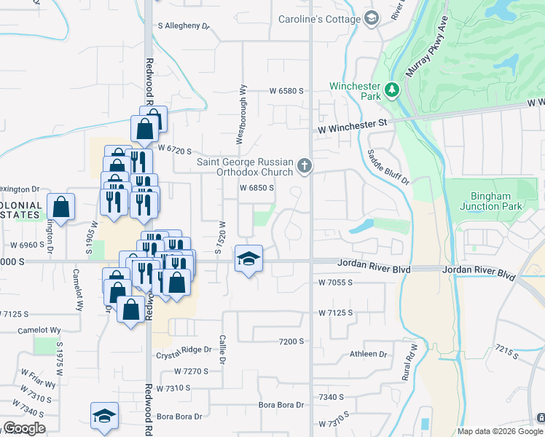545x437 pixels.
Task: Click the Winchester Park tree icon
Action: pyautogui.click(x=393, y=90)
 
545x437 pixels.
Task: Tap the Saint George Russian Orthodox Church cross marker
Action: pyautogui.click(x=305, y=167)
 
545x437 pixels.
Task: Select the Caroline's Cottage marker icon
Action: pyautogui.click(x=372, y=18)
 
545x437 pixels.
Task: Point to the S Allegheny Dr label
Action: pyautogui.click(x=184, y=25)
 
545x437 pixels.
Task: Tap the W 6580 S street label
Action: pyautogui.click(x=286, y=91)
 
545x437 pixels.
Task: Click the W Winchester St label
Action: pyautogui.click(x=351, y=125)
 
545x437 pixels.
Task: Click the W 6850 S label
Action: pyautogui.click(x=256, y=187)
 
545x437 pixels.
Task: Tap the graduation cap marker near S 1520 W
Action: pyautogui.click(x=248, y=259)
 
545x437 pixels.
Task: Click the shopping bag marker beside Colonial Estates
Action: pyautogui.click(x=61, y=206)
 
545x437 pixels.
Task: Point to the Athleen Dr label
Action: pyautogui.click(x=368, y=354)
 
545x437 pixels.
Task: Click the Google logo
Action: pyautogui.click(x=24, y=428)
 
